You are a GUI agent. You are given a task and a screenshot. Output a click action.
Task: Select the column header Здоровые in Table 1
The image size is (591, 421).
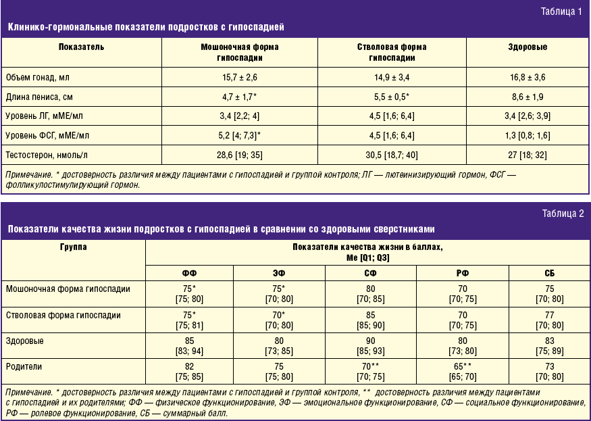click(x=528, y=47)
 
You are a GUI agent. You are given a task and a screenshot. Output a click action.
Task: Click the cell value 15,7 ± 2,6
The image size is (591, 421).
click(x=240, y=78)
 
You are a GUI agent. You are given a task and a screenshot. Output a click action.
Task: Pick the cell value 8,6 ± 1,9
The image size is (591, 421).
click(x=528, y=97)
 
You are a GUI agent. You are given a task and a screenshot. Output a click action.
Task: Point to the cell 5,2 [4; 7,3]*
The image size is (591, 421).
click(x=240, y=136)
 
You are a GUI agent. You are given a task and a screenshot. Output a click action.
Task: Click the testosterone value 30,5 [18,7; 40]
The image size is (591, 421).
click(x=392, y=155)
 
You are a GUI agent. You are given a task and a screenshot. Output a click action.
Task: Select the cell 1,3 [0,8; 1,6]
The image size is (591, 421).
click(x=528, y=136)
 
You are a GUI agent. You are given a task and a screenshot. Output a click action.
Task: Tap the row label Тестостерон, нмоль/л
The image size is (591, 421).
click(x=45, y=155)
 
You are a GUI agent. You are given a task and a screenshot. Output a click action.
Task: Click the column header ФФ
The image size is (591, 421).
click(x=190, y=273)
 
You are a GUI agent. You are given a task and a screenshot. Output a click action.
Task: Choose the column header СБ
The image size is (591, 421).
click(x=548, y=273)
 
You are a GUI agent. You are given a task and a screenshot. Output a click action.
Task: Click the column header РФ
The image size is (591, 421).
click(x=462, y=273)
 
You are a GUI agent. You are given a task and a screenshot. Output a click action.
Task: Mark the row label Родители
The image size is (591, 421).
click(x=24, y=366)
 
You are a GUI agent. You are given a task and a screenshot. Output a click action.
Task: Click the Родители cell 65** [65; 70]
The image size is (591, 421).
click(x=462, y=372)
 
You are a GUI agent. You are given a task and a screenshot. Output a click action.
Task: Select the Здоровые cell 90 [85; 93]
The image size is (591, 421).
click(x=371, y=345)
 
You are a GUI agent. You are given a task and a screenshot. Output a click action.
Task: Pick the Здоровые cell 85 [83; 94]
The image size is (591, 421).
click(x=190, y=345)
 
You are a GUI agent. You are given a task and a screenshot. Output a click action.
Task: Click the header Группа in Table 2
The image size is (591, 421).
click(x=73, y=247)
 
